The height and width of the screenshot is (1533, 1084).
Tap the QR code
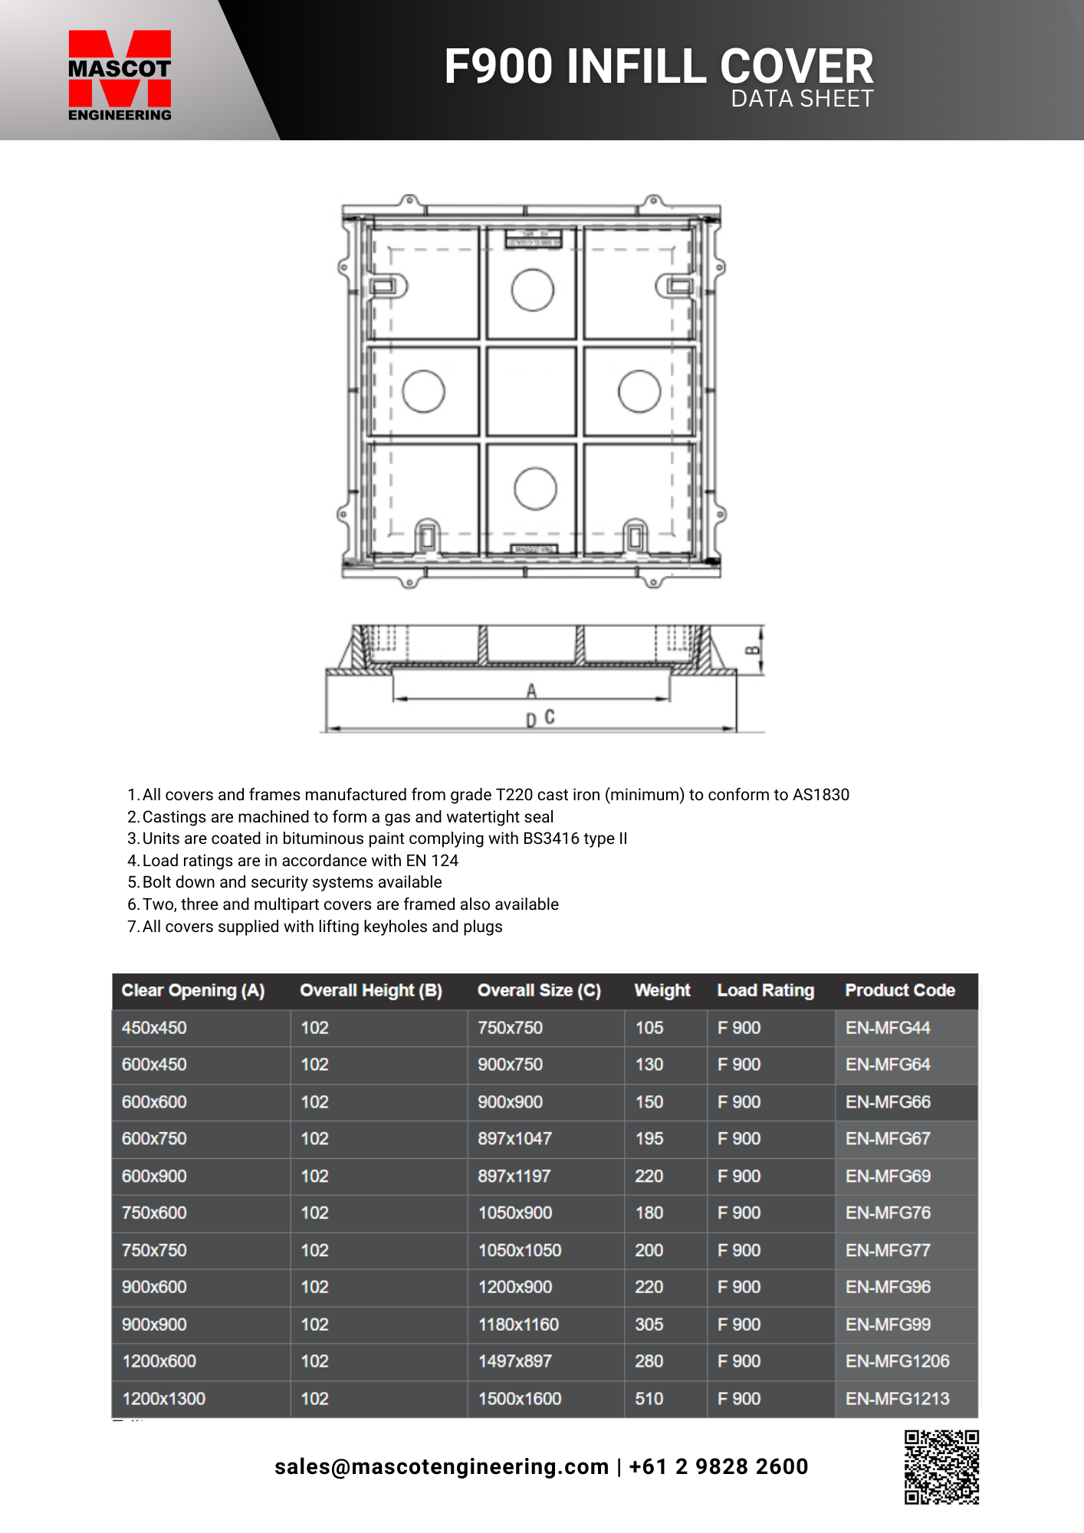tap(941, 1466)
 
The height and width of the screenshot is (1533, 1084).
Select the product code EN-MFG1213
tap(897, 1399)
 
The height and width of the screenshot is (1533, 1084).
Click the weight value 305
tap(649, 1325)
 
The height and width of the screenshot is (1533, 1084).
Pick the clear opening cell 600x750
tap(154, 1139)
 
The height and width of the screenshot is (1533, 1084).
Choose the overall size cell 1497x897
tap(515, 1361)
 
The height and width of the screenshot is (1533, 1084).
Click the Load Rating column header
tap(765, 990)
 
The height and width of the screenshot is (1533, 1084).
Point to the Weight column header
tap(662, 990)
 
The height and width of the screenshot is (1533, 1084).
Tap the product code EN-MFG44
tap(888, 1028)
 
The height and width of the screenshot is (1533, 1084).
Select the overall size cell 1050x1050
tap(520, 1250)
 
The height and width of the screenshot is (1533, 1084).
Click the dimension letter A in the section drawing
tap(531, 691)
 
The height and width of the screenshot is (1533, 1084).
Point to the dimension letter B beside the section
tap(753, 651)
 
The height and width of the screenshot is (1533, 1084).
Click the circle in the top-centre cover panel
tap(532, 290)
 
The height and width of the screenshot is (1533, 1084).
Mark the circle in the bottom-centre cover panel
tap(535, 488)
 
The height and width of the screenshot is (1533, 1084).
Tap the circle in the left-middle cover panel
tap(423, 391)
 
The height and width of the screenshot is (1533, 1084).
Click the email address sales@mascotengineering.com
tap(442, 1466)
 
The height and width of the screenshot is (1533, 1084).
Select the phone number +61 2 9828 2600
tap(718, 1466)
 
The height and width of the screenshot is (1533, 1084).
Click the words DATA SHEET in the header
tap(802, 99)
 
